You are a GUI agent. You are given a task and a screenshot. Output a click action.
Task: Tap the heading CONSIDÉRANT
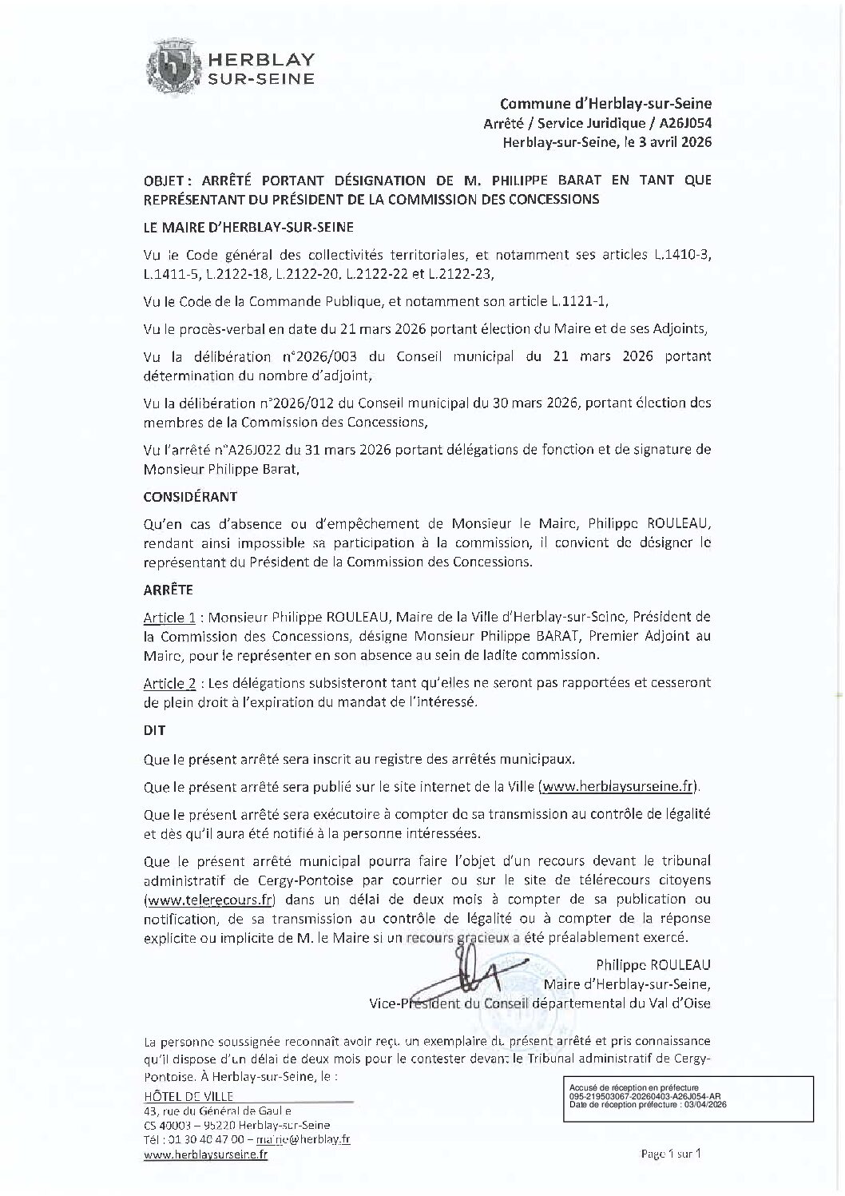pyautogui.click(x=190, y=496)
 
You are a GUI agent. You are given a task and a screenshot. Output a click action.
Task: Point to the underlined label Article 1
pyautogui.click(x=169, y=618)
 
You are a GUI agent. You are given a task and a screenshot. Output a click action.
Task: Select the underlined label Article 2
pyautogui.click(x=169, y=683)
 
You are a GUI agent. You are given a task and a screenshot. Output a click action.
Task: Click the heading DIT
pyautogui.click(x=153, y=730)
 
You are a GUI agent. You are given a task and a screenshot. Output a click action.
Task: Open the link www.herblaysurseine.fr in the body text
pyautogui.click(x=618, y=787)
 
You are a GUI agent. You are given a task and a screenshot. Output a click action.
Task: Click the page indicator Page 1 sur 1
pyautogui.click(x=671, y=1154)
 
